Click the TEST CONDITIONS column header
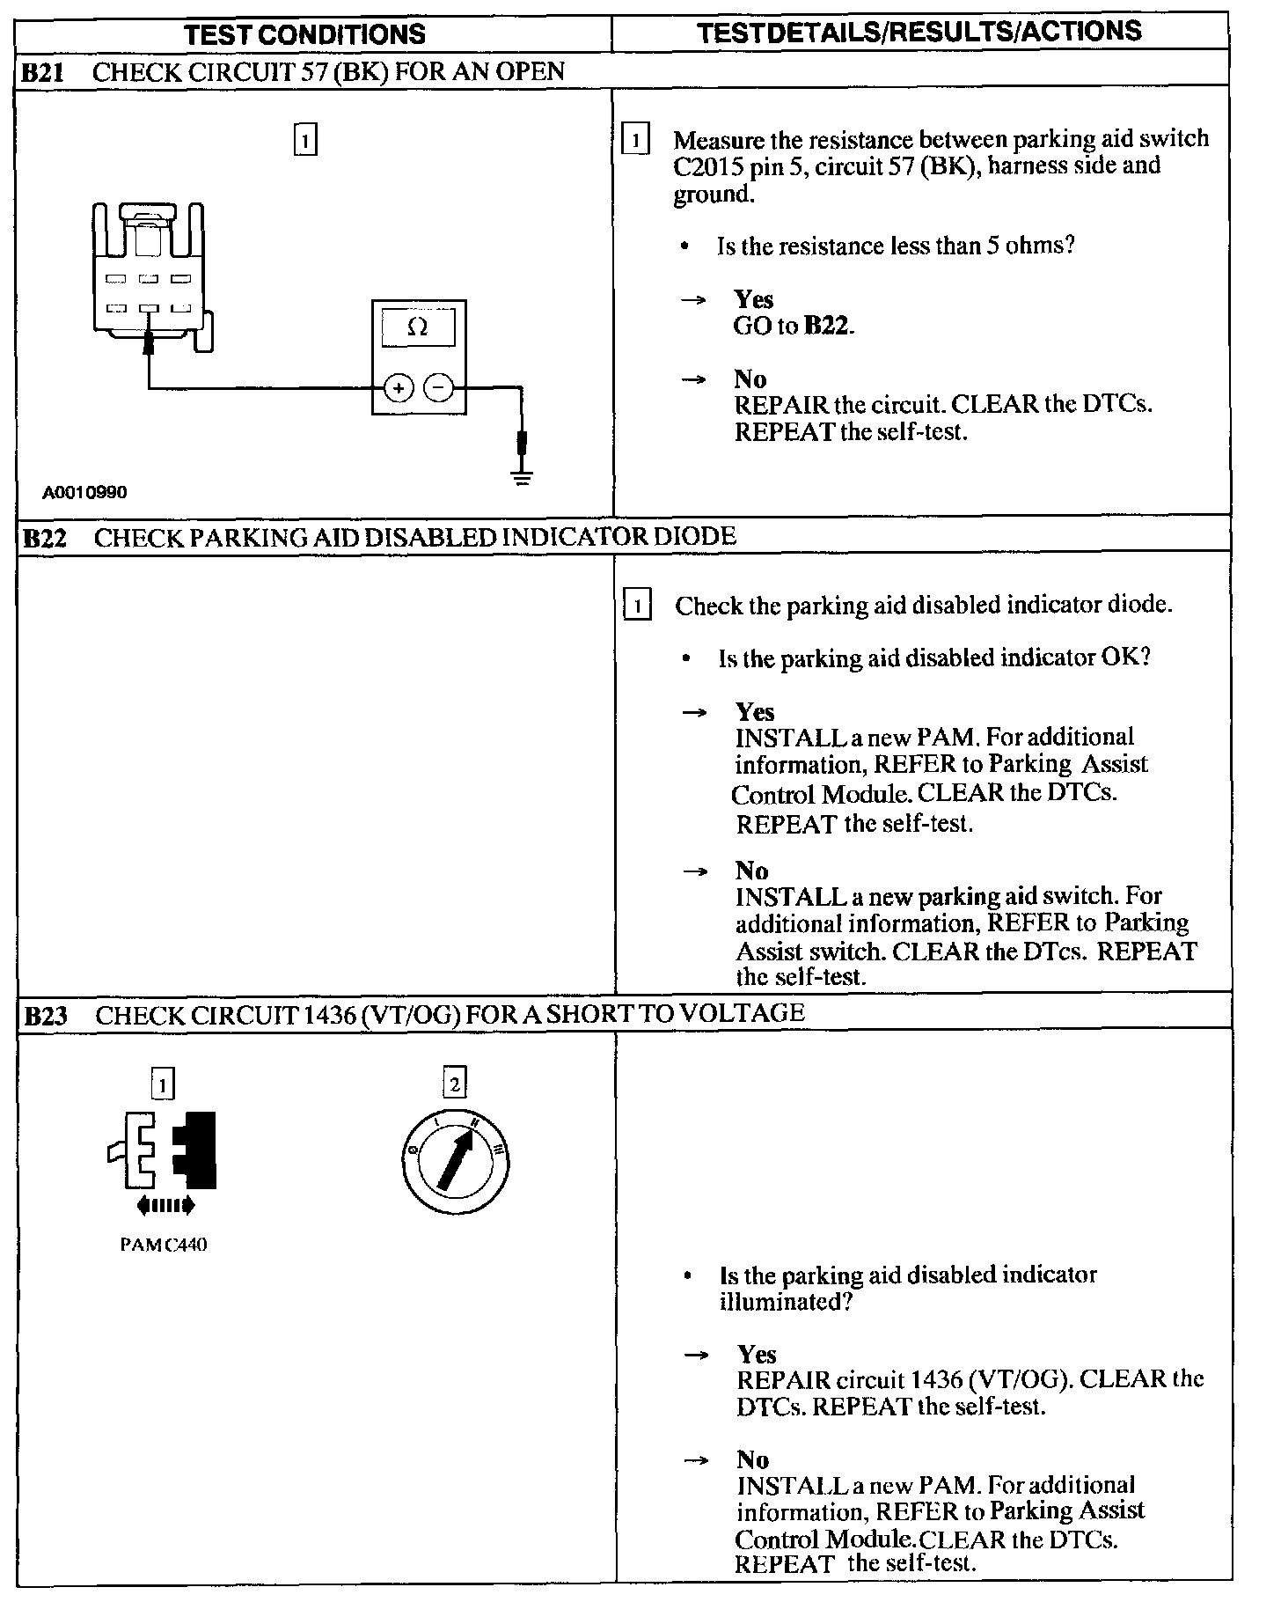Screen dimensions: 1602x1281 pos(305,33)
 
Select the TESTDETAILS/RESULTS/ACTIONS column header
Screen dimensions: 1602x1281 pos(919,32)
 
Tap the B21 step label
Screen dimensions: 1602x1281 pos(41,72)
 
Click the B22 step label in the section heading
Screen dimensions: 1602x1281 pos(43,538)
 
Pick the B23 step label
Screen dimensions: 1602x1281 pos(45,1017)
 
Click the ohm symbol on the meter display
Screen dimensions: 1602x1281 pos(419,327)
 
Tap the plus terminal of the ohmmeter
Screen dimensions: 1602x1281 pos(399,387)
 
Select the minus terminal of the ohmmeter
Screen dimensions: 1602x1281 pos(439,387)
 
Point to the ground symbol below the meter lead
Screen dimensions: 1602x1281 pos(522,479)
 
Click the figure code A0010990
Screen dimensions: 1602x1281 pos(84,492)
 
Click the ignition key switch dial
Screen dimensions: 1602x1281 pos(456,1163)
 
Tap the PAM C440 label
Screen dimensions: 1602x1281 pos(163,1245)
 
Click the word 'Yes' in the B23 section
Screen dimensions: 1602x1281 pos(757,1354)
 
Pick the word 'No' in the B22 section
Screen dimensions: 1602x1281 pos(751,871)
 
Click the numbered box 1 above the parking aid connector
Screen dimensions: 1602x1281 pos(304,141)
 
